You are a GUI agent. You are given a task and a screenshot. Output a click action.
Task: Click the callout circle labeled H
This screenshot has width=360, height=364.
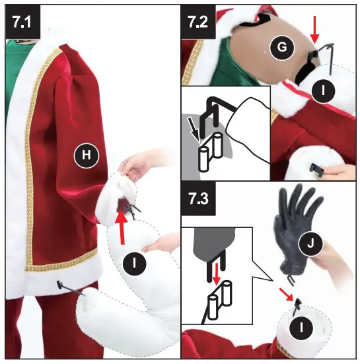[86, 155]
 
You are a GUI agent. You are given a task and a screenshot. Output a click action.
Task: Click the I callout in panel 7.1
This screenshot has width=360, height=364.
[135, 263]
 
